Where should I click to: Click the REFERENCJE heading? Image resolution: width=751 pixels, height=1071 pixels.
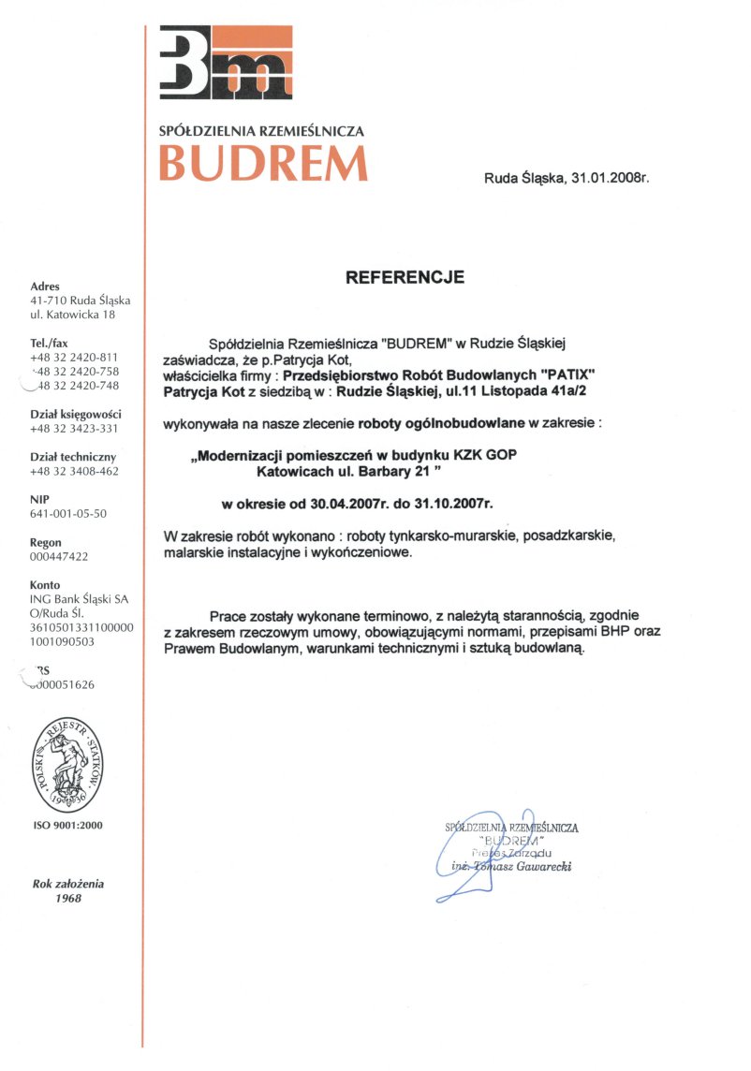click(x=405, y=277)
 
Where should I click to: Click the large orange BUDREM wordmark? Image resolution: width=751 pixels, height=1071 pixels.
click(x=262, y=164)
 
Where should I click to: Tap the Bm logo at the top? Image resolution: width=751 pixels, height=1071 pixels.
click(x=226, y=64)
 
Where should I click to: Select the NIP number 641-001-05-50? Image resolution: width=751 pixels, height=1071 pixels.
click(x=68, y=513)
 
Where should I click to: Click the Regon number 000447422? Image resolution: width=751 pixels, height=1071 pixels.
click(x=59, y=556)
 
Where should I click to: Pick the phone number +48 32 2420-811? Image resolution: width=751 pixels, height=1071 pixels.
click(x=74, y=358)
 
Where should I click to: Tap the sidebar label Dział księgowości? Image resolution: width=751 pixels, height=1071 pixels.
click(x=76, y=414)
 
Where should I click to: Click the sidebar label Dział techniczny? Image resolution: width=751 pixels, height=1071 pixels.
click(x=73, y=457)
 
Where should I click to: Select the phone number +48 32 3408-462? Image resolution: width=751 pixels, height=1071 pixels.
click(x=74, y=471)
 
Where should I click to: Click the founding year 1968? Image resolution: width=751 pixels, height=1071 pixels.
click(x=67, y=898)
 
